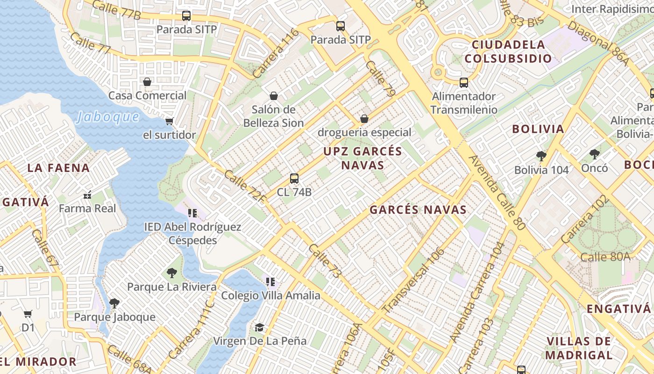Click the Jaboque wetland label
[108, 116]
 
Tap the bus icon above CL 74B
[294, 178]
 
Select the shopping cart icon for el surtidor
[169, 121]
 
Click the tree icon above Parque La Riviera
[172, 273]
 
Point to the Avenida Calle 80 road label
[498, 192]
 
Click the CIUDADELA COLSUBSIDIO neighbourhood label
[508, 52]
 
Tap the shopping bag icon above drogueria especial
[364, 119]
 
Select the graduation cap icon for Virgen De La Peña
[259, 327]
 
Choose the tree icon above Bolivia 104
[541, 156]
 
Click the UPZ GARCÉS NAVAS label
[363, 158]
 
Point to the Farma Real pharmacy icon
[87, 195]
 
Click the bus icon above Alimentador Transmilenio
[464, 83]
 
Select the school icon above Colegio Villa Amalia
[270, 281]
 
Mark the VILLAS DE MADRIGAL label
[578, 348]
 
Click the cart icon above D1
[28, 314]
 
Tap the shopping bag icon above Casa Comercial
[147, 82]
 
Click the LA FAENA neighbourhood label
[58, 168]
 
